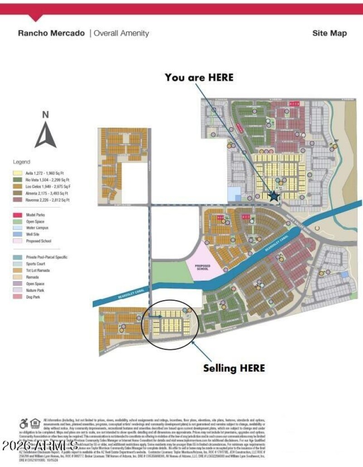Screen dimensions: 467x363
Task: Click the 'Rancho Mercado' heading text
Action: tap(51, 33)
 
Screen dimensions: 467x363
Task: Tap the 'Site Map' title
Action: tap(329, 33)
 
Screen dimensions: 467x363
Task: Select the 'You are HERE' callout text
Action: tap(199, 78)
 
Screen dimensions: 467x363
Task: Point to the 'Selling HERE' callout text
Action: tap(234, 368)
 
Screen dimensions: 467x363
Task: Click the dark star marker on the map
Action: tap(286, 196)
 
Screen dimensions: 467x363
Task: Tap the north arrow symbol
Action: tap(45, 136)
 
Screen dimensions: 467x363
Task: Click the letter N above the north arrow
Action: tap(45, 115)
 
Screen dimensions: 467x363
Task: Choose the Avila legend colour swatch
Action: tap(17, 173)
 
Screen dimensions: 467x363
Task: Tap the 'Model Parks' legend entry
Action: tap(35, 215)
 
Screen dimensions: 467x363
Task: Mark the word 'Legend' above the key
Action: tap(21, 162)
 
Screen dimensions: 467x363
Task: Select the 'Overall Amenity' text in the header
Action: tap(121, 33)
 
